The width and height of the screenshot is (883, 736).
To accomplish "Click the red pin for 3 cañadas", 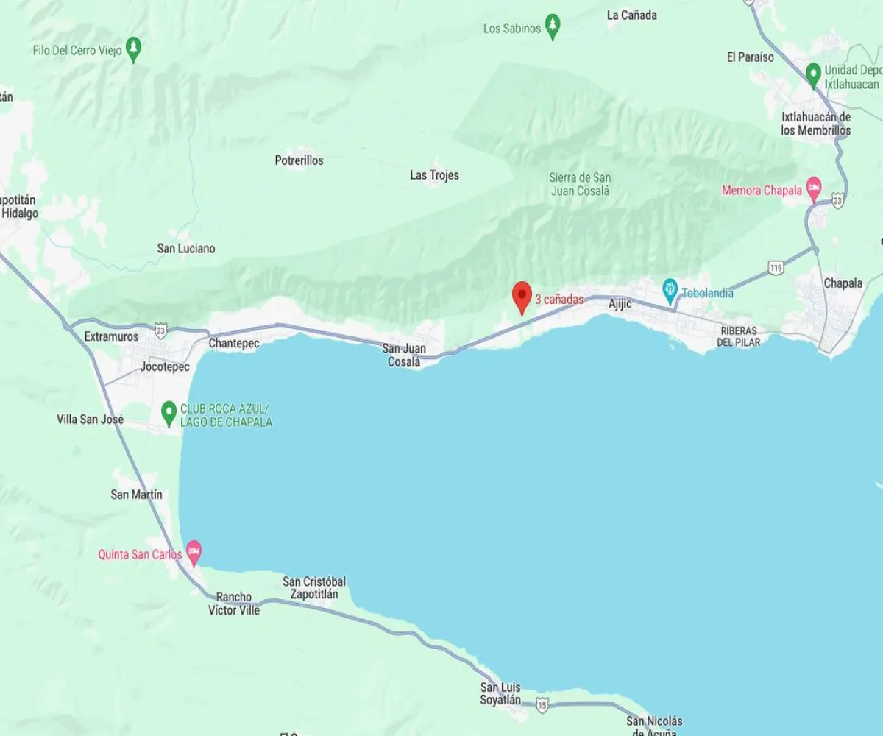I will [x=522, y=297].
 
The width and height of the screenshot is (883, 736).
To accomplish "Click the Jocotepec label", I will [x=165, y=367].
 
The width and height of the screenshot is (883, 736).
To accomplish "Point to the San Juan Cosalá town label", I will [x=403, y=355].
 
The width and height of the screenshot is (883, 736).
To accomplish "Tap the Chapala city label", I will [x=843, y=283].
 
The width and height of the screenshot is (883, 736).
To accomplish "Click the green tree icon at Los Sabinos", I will [x=553, y=27].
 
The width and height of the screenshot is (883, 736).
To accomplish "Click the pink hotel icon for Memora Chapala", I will [x=813, y=188].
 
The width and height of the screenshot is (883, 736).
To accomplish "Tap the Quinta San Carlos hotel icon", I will [x=194, y=550].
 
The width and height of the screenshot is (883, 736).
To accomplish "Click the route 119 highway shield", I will [x=776, y=268].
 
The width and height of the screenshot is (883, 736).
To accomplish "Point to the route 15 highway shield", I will [x=542, y=704].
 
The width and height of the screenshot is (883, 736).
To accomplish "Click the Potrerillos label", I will [x=299, y=160].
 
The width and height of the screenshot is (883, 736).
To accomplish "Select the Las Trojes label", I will [x=434, y=175].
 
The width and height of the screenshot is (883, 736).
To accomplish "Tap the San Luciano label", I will [x=186, y=249].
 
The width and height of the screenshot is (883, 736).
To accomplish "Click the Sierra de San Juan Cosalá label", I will [x=580, y=184].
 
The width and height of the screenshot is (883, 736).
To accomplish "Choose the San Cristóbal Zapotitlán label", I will [x=314, y=587].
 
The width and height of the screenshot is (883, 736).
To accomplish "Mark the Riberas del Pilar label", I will [x=739, y=336].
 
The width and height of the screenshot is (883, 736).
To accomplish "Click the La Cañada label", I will [x=631, y=15].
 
